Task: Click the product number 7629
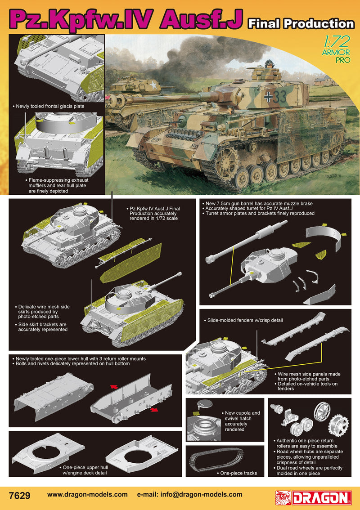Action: tap(20, 495)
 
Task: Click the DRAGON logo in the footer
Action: tap(313, 498)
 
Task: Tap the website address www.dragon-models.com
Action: tap(87, 495)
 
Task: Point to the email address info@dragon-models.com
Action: tap(201, 495)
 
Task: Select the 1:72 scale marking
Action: tap(337, 41)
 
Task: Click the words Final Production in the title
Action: tap(301, 23)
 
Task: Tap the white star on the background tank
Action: tap(153, 85)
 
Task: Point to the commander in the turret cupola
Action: tap(269, 64)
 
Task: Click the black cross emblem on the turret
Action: tap(269, 97)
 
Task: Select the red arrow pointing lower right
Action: tap(154, 410)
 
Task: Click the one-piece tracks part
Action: tap(216, 459)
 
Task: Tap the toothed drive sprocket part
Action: tap(338, 425)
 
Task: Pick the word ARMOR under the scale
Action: tap(336, 52)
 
